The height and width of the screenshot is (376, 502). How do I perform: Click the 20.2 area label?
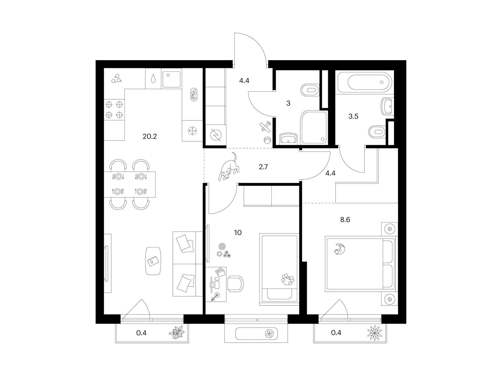150,137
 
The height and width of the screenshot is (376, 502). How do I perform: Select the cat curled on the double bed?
339,249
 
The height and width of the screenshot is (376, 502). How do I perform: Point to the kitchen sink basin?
171,79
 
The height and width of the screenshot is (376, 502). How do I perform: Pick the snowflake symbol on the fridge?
192,131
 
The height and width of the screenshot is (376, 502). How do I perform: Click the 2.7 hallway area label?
263,167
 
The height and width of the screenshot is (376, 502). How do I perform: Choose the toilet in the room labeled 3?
310,90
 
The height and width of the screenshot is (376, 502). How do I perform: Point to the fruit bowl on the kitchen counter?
194,95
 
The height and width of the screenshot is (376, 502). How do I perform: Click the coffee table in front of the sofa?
153,261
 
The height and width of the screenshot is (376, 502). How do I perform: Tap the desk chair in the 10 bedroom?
235,284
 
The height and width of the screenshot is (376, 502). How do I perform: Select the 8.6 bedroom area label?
345,220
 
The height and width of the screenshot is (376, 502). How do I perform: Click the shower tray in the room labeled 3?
314,128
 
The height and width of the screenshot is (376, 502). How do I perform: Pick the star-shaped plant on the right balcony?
375,333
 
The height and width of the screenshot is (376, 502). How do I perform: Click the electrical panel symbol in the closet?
216,135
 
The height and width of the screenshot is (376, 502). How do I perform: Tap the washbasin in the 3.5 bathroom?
387,107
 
